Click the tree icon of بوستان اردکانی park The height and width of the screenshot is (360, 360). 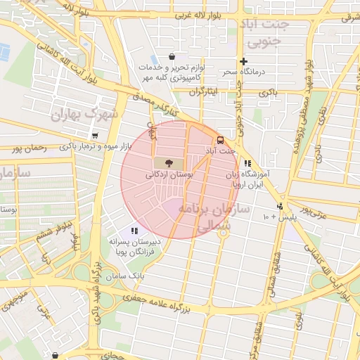(x=167, y=162)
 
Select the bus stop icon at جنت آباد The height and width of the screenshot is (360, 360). (x=221, y=140)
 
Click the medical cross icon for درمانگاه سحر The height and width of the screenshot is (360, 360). (x=244, y=61)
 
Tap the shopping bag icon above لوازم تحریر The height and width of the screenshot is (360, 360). (x=172, y=56)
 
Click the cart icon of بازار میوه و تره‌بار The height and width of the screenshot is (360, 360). (x=95, y=136)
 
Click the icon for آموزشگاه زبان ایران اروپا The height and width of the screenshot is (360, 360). (x=247, y=163)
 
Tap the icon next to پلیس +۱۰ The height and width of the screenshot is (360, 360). (x=280, y=206)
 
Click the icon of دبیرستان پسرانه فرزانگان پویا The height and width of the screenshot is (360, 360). (x=134, y=230)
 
